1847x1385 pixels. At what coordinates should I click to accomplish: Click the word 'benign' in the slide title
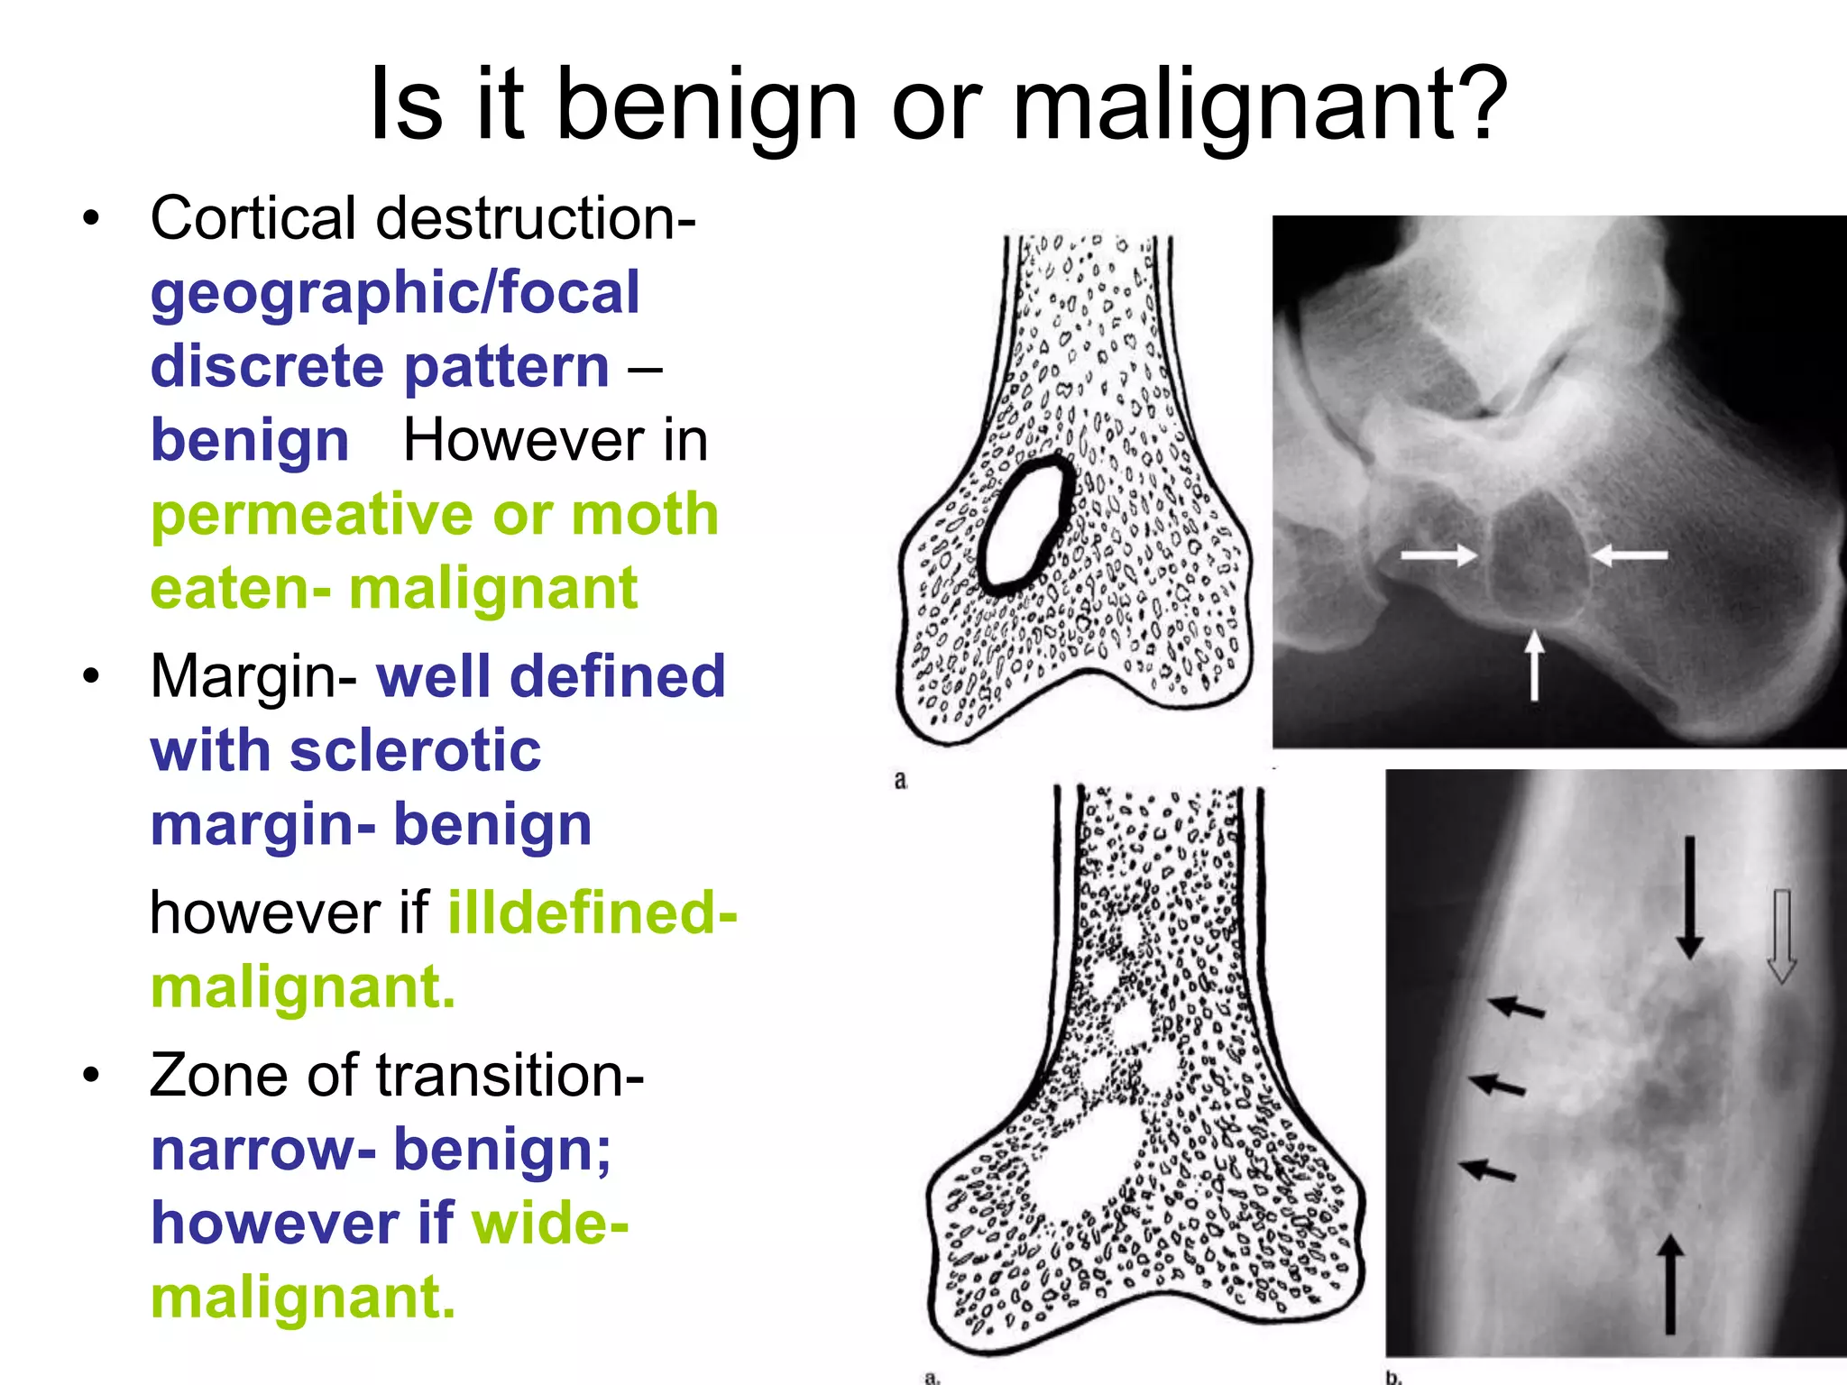[x=706, y=105]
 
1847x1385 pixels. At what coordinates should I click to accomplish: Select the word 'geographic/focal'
[x=395, y=294]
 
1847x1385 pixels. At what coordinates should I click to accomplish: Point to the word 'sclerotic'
[x=415, y=751]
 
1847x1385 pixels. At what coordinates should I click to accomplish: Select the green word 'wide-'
[x=550, y=1224]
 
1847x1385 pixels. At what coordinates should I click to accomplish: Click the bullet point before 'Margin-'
[x=90, y=676]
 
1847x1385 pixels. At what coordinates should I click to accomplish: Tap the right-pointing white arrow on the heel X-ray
[x=1438, y=555]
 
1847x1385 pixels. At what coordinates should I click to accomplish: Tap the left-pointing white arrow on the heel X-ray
[x=1629, y=555]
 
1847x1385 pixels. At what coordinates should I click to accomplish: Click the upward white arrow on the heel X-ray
[x=1533, y=665]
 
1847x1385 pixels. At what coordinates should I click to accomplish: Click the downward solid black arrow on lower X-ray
[x=1689, y=897]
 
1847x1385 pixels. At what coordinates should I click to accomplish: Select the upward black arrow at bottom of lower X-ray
[x=1669, y=1284]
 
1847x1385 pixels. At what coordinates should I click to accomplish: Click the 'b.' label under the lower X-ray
[x=1394, y=1377]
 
